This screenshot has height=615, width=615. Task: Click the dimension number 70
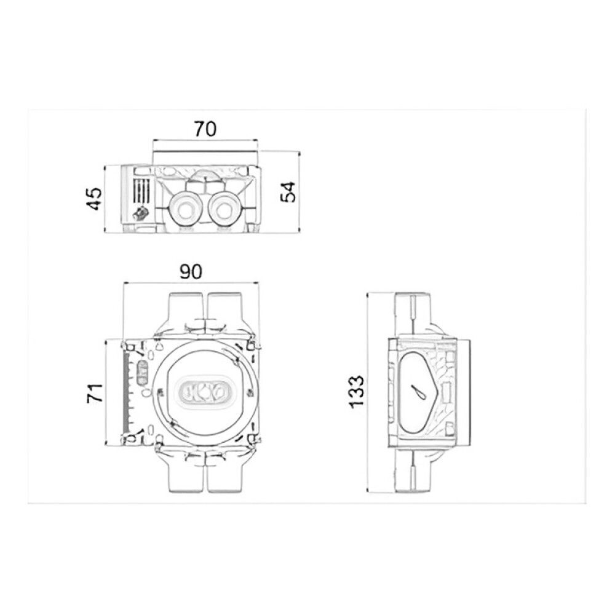pos(205,129)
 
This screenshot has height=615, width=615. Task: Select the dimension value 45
pos(95,199)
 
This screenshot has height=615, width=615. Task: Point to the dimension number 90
pos(191,272)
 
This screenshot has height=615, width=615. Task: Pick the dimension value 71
pos(95,393)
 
